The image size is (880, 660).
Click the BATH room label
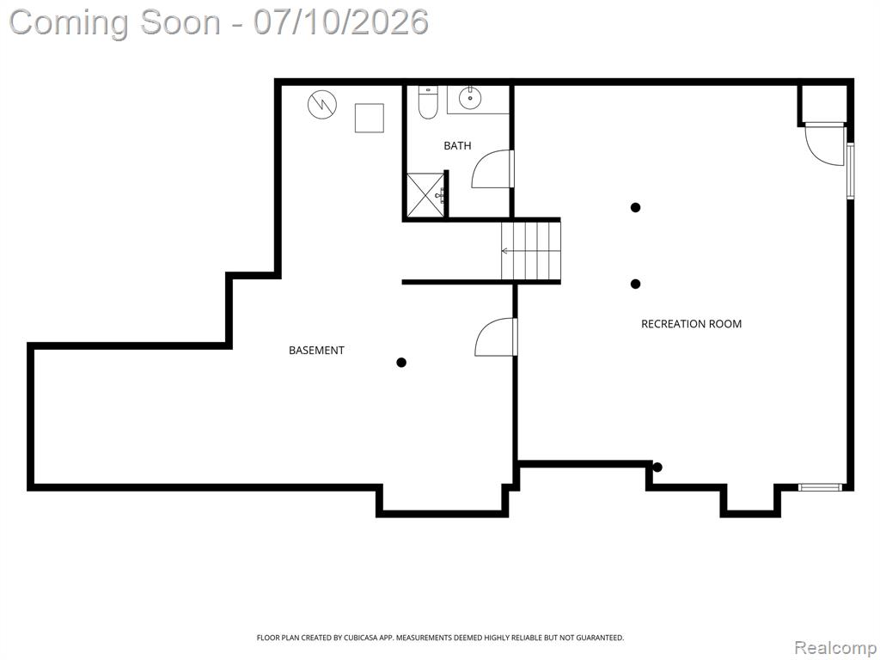(457, 146)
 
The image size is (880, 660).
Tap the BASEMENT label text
(316, 351)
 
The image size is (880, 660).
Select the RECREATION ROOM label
(692, 324)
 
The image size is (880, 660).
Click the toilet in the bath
(428, 103)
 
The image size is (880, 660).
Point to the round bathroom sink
(470, 99)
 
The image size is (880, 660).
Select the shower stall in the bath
(425, 195)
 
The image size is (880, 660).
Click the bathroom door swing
(492, 169)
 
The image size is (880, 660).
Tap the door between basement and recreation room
(496, 337)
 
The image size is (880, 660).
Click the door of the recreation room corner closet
(825, 144)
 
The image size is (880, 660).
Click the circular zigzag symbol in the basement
(323, 104)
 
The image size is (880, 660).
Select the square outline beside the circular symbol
(370, 118)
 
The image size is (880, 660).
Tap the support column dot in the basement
(401, 363)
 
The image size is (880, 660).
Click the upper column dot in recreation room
(635, 208)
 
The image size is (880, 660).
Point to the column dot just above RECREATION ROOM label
(635, 284)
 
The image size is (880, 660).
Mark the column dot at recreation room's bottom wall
(657, 467)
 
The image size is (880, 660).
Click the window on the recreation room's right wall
(851, 171)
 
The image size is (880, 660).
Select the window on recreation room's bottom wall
(821, 487)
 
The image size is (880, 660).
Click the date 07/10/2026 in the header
(340, 22)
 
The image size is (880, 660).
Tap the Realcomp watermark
(835, 647)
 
